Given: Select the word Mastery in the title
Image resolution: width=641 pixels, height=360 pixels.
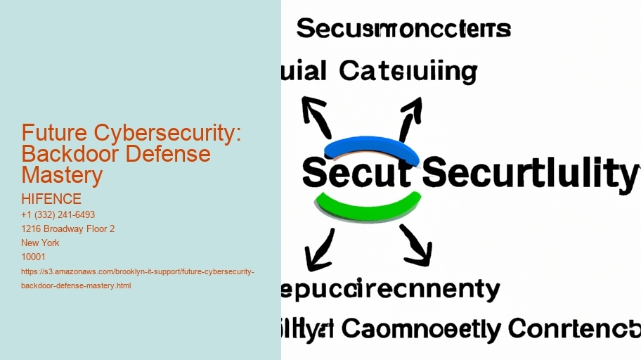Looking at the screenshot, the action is [x=62, y=175].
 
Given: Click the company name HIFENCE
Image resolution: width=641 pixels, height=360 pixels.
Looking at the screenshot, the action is [x=51, y=200].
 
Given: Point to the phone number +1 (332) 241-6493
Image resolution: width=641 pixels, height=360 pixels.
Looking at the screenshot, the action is [x=58, y=214].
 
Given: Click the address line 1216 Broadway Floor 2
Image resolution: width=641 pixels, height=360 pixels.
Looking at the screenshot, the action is [x=68, y=229].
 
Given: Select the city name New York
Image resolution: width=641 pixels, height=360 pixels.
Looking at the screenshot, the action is [x=41, y=243].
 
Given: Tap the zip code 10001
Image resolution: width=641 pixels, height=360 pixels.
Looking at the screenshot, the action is [x=34, y=257].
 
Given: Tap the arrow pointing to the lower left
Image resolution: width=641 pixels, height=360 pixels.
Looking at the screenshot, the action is [x=320, y=247].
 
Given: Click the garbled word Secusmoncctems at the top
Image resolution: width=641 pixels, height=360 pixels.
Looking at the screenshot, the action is [x=403, y=30].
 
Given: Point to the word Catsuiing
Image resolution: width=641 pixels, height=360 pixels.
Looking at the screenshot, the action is [x=408, y=71].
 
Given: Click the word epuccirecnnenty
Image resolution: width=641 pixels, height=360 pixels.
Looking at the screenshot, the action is [x=391, y=289].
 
